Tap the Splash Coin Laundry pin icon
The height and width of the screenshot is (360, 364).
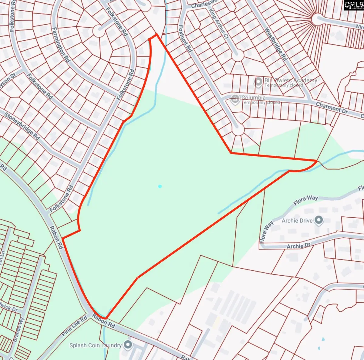click(x=128, y=345)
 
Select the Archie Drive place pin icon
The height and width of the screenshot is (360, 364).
click(x=318, y=220)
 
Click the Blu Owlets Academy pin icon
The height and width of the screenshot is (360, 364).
click(x=258, y=82)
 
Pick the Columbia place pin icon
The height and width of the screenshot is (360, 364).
click(x=235, y=99)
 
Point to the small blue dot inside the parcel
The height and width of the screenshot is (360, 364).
click(x=160, y=186)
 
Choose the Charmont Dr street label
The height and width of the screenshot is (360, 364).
click(x=332, y=107)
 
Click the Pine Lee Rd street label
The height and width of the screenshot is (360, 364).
click(x=75, y=326)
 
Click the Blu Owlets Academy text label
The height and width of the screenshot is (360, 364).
click(x=291, y=80)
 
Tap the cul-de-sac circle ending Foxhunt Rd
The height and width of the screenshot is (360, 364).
click(x=238, y=130)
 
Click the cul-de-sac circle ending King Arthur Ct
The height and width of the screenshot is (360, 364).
click(x=238, y=55)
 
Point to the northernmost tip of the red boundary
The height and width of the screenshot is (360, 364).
click(x=156, y=35)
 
